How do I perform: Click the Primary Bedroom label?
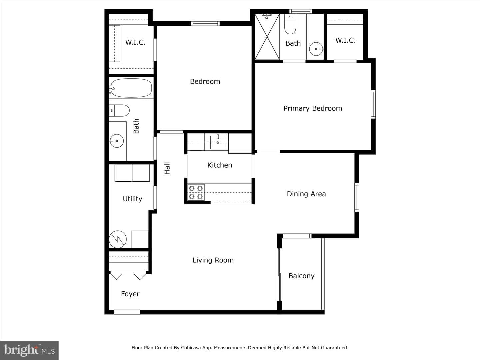[x=313, y=108]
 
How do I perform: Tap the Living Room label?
[x=213, y=260]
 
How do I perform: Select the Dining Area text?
[x=306, y=194]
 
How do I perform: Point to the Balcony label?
[x=301, y=276]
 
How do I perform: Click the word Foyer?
[x=130, y=294]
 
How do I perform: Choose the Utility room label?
[x=132, y=199]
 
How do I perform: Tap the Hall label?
[x=167, y=168]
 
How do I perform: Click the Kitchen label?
[x=220, y=165]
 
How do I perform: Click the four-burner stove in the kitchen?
[x=196, y=192]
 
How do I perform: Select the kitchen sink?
[x=218, y=142]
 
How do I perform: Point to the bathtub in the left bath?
[x=131, y=88]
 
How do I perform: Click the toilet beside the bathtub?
[x=119, y=110]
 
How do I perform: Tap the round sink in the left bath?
[x=117, y=141]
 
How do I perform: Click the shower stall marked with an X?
[x=267, y=37]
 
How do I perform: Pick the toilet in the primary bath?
[x=290, y=24]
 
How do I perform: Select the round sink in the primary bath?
[x=316, y=49]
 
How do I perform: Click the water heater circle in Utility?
[x=118, y=239]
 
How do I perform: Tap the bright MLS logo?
[x=29, y=350]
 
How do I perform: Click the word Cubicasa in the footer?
[x=191, y=348]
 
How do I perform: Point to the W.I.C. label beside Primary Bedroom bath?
[x=345, y=40]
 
